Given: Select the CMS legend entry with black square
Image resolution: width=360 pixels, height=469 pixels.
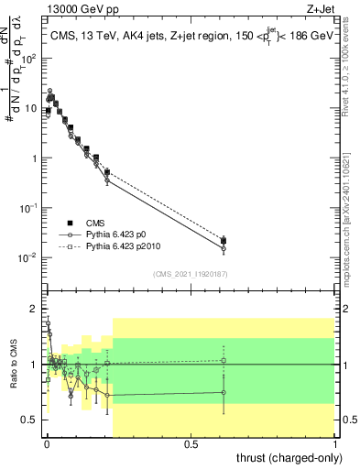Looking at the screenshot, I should pyautogui.click(x=70, y=222).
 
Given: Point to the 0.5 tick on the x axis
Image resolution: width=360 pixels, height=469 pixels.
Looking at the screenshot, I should pyautogui.click(x=191, y=443).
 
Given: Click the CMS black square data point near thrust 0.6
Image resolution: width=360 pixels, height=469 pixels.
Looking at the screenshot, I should pyautogui.click(x=224, y=241).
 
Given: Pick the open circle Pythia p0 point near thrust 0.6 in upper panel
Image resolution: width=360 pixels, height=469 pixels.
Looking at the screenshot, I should pyautogui.click(x=224, y=248).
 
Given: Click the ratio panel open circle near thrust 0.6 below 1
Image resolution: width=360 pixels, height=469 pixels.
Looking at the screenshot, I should pyautogui.click(x=224, y=393).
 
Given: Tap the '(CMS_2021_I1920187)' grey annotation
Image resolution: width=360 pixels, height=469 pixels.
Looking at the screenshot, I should pyautogui.click(x=189, y=274).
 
